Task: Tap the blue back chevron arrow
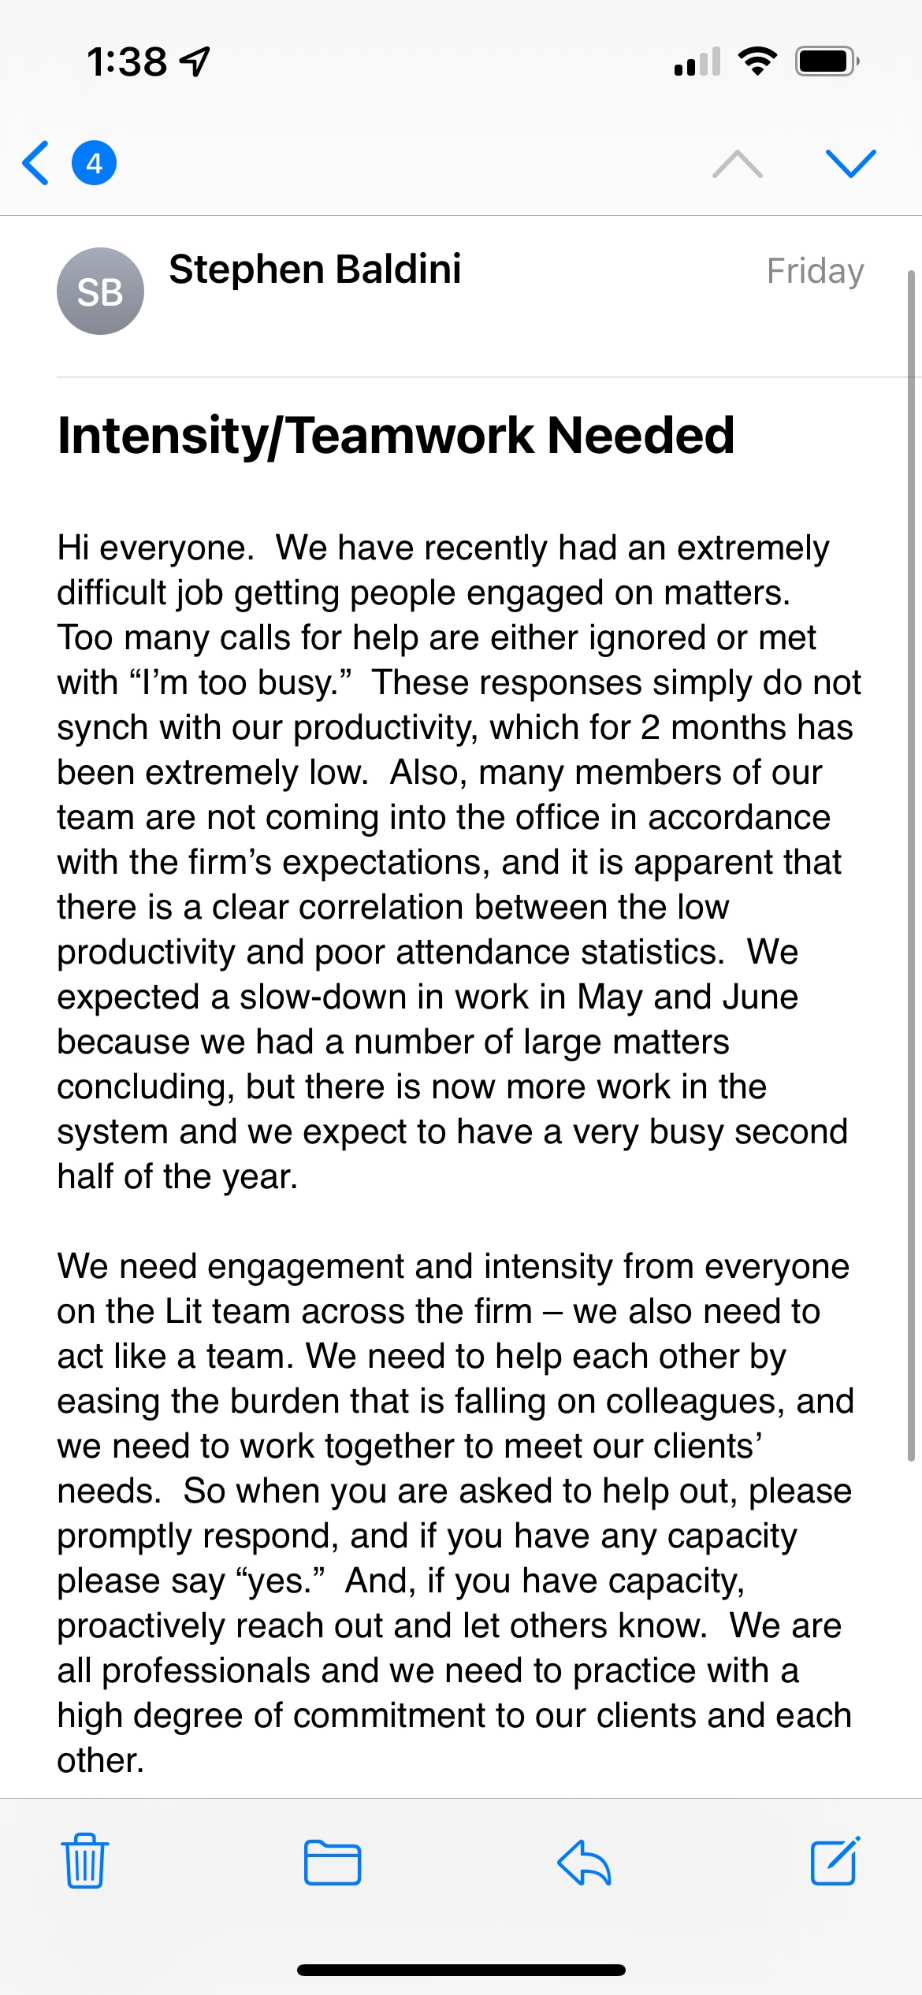pyautogui.click(x=36, y=163)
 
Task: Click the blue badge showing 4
pyautogui.click(x=95, y=163)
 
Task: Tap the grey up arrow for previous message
pyautogui.click(x=737, y=163)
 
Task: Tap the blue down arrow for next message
pyautogui.click(x=850, y=163)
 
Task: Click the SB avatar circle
pyautogui.click(x=100, y=292)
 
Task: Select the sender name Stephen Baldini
pyautogui.click(x=314, y=269)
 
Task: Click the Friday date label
pyautogui.click(x=815, y=271)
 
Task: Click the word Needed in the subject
pyautogui.click(x=640, y=436)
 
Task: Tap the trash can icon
pyautogui.click(x=85, y=1861)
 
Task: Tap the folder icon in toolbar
pyautogui.click(x=333, y=1863)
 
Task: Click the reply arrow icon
pyautogui.click(x=584, y=1863)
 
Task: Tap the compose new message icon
pyautogui.click(x=835, y=1861)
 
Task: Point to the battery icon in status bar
pyautogui.click(x=826, y=61)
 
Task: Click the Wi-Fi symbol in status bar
pyautogui.click(x=757, y=61)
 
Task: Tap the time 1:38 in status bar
pyautogui.click(x=127, y=61)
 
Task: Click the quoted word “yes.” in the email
pyautogui.click(x=280, y=1581)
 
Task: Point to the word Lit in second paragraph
pyautogui.click(x=184, y=1312)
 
